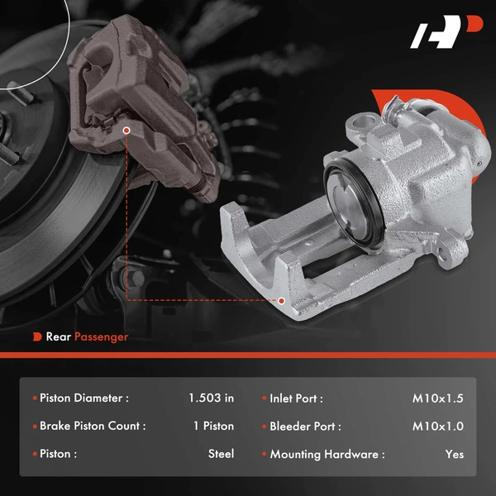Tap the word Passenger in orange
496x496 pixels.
pyautogui.click(x=102, y=336)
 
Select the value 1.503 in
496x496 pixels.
pyautogui.click(x=211, y=398)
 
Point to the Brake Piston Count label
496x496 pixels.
pyautogui.click(x=93, y=426)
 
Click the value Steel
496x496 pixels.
pyautogui.click(x=221, y=454)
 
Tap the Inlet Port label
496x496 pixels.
pyautogui.click(x=296, y=398)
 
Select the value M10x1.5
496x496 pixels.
pyautogui.click(x=438, y=398)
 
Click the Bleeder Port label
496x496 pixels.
pyautogui.click(x=305, y=426)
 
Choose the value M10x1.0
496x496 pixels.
pyautogui.click(x=438, y=426)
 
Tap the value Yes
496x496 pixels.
pyautogui.click(x=454, y=454)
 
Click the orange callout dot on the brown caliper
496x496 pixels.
pyautogui.click(x=126, y=131)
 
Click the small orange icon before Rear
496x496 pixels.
pyautogui.click(x=37, y=336)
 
